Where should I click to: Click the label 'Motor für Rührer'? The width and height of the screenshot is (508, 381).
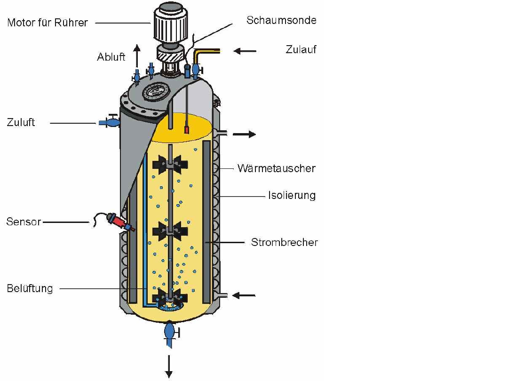pos(48,23)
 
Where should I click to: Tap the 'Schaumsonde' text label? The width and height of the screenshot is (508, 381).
pos(281,20)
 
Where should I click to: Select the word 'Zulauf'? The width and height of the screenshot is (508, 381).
pos(301,49)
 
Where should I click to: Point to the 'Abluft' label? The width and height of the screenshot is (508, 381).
pos(111,57)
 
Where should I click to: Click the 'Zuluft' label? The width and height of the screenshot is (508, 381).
pos(21,123)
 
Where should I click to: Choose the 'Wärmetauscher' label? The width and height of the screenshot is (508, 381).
pos(276,168)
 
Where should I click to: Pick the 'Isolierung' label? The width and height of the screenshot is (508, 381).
pos(292,195)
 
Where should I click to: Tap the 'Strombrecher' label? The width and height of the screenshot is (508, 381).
pos(284,243)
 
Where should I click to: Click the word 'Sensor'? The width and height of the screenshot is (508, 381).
pos(24,222)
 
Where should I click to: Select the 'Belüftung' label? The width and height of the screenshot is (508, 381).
pos(30,288)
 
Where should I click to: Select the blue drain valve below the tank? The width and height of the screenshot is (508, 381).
pos(169,331)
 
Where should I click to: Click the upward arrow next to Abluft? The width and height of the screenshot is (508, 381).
pos(136,55)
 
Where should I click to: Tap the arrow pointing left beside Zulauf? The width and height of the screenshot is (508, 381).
pos(245,50)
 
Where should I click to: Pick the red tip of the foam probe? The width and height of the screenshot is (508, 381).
pos(187,129)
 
